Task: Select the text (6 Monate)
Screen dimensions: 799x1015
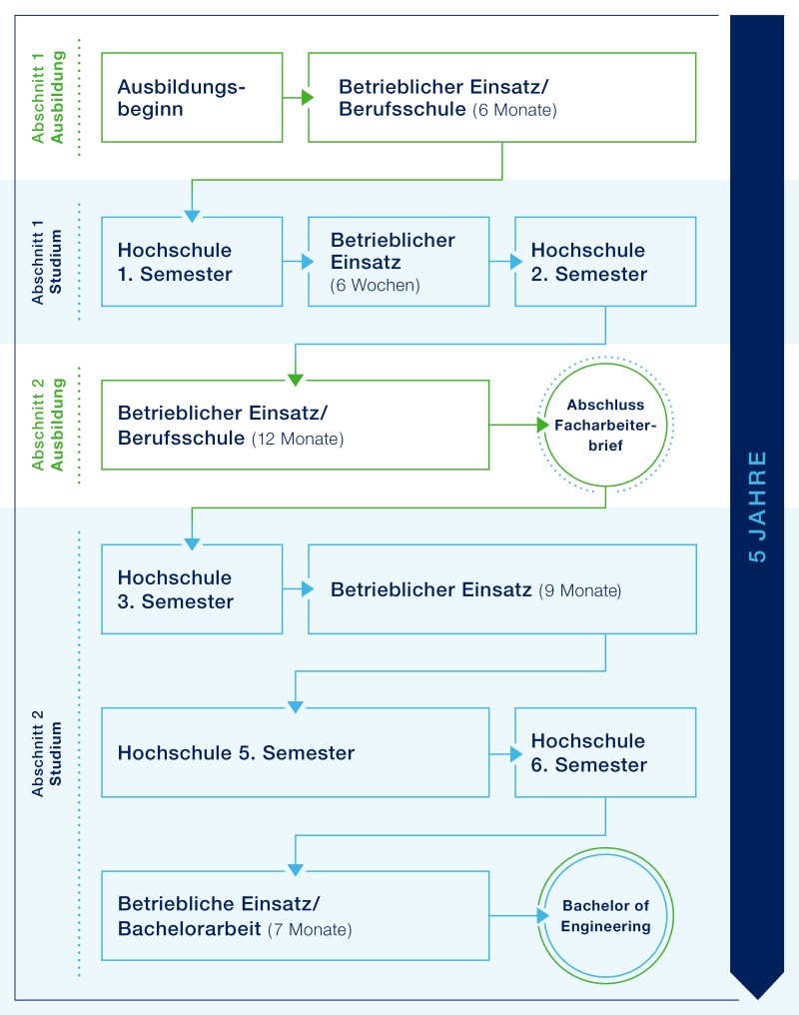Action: click(x=515, y=110)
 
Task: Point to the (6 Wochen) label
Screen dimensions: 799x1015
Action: click(x=376, y=286)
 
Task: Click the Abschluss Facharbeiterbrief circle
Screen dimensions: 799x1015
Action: click(x=605, y=364)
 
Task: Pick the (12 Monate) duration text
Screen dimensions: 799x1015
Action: click(x=298, y=439)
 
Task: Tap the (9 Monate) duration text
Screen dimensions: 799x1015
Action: click(x=580, y=590)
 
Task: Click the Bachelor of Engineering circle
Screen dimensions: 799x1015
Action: click(x=605, y=849)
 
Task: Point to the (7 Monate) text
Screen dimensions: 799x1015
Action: click(x=310, y=929)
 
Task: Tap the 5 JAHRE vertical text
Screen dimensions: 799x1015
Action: click(x=758, y=507)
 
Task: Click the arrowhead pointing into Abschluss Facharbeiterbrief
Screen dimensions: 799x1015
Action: click(x=542, y=425)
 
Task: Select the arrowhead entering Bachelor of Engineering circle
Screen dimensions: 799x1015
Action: click(x=542, y=915)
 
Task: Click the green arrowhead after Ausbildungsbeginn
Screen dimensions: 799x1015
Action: click(x=308, y=97)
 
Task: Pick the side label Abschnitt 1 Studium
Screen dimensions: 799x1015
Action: click(x=47, y=262)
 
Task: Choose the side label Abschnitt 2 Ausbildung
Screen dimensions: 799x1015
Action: click(x=48, y=425)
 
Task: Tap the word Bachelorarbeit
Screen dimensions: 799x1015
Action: click(x=189, y=928)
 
